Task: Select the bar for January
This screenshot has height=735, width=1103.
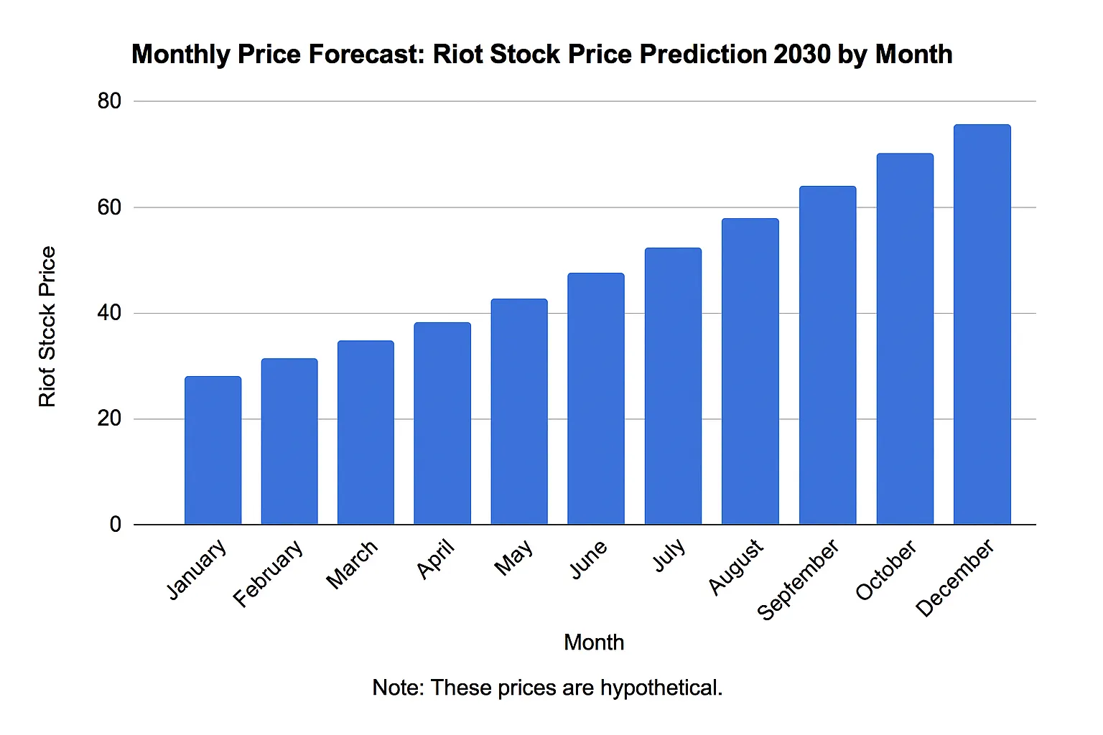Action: (213, 450)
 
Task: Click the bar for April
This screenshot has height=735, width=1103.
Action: (442, 423)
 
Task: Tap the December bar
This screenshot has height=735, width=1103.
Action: (982, 324)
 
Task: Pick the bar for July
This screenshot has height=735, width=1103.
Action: (673, 386)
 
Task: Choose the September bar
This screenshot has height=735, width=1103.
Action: (827, 355)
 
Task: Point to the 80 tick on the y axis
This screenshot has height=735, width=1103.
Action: (110, 101)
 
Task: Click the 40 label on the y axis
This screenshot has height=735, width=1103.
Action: (110, 313)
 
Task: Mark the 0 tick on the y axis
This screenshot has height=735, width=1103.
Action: (116, 525)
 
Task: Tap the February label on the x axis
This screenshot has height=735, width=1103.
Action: (269, 574)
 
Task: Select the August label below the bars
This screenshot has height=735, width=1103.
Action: (735, 567)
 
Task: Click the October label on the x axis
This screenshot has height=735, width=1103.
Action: (886, 570)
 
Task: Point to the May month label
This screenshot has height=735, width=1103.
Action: (514, 557)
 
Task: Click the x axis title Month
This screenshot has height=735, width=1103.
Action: (594, 642)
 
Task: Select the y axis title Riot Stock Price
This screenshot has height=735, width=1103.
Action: (47, 327)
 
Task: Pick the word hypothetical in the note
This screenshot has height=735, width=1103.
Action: (661, 688)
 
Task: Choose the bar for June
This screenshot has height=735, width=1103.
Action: (595, 398)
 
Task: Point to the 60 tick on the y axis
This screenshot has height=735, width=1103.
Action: (110, 207)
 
